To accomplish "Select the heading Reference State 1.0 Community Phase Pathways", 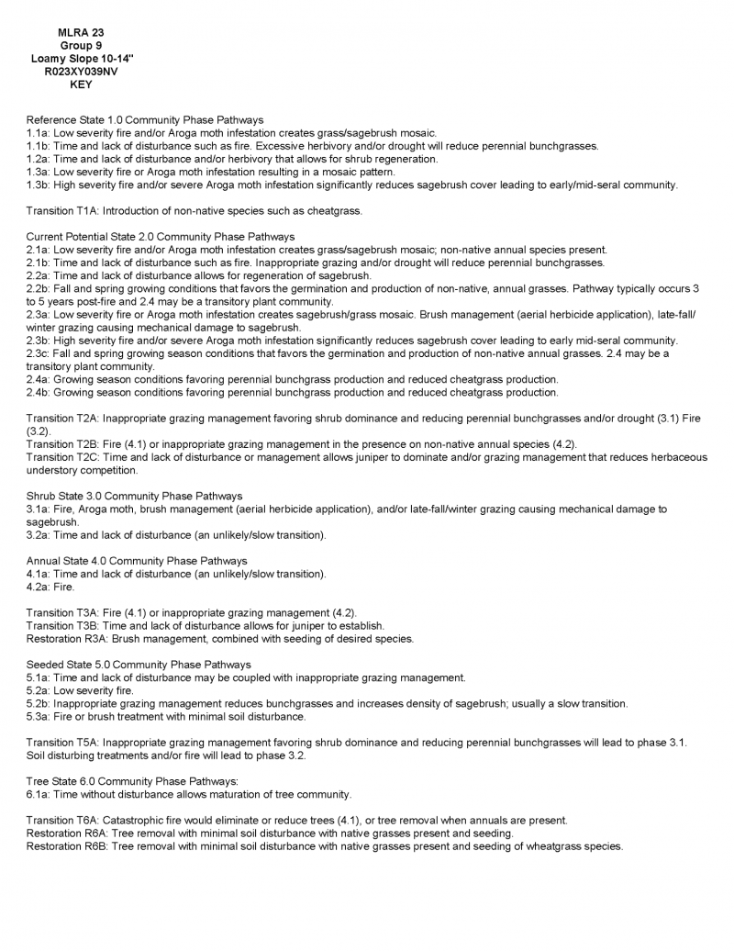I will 145,120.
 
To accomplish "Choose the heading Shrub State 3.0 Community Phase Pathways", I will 134,496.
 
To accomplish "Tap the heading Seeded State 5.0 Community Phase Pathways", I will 139,665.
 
